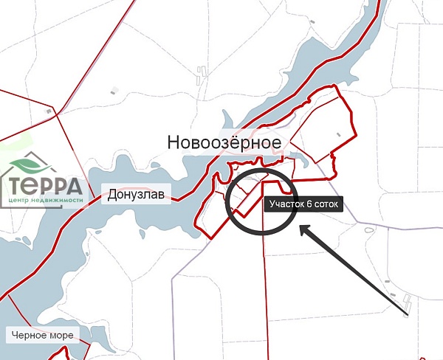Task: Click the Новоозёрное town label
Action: [224, 142]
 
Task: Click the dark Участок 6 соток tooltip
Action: [303, 204]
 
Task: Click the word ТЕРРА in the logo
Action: [47, 184]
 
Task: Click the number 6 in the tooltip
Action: [307, 204]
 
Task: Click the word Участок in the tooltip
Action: [286, 204]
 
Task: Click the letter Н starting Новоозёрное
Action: [174, 142]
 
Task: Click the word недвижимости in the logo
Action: [55, 200]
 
